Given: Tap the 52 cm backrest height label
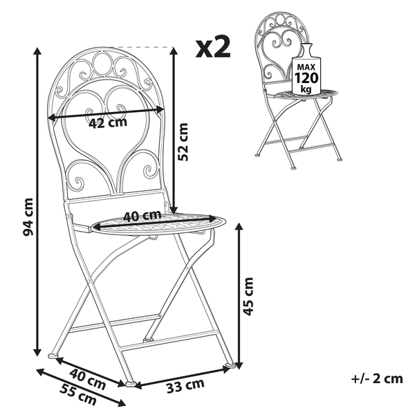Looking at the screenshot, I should (183, 142).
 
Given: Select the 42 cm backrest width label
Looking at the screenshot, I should (109, 124).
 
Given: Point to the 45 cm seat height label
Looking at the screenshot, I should (249, 295).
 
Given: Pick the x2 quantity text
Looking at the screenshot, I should (213, 48).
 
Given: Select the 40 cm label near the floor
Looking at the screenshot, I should (89, 379).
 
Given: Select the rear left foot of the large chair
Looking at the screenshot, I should (53, 356).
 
